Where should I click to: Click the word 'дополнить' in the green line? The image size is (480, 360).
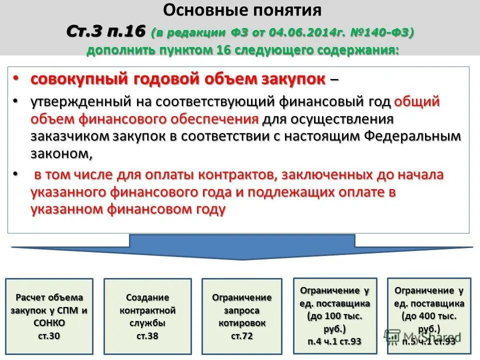[x=121, y=50]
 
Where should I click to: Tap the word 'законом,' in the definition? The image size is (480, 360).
[x=61, y=154]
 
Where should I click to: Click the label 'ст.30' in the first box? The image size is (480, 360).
[x=49, y=335]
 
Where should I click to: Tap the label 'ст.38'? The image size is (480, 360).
[x=147, y=335]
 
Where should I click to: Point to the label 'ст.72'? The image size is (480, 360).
[x=242, y=336]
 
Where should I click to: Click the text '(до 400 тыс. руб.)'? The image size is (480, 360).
[x=429, y=322]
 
